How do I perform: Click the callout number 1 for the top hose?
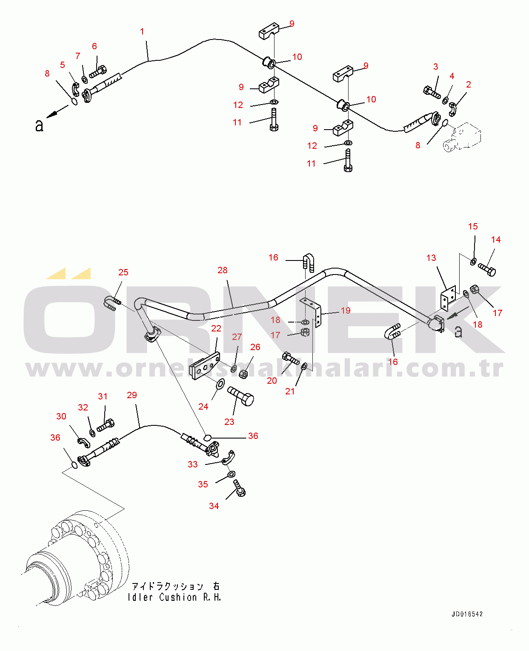[142, 31]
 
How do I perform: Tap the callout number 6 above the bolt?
[94, 46]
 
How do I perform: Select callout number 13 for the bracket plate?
[431, 258]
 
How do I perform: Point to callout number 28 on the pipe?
[223, 270]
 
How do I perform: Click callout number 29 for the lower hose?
[132, 395]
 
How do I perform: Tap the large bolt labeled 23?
[241, 396]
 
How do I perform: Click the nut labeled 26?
[243, 374]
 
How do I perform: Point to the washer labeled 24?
[220, 384]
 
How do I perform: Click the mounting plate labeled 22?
[205, 366]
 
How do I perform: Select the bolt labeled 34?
[240, 488]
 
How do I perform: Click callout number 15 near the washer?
[473, 226]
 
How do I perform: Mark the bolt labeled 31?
[106, 425]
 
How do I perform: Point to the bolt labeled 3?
[432, 93]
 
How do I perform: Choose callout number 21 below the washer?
[289, 391]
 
